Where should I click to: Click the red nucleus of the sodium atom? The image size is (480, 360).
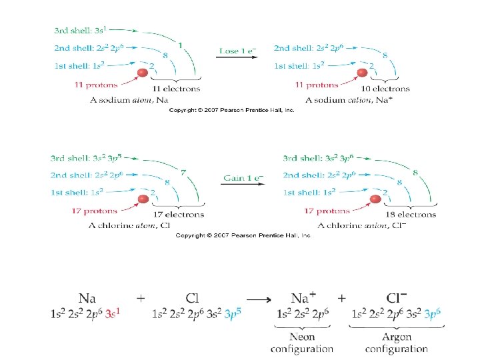[x=143, y=73]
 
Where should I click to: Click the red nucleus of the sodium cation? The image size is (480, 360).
[x=363, y=73]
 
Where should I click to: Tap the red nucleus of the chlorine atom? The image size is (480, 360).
[x=143, y=199]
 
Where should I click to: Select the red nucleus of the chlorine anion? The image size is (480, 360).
[x=375, y=199]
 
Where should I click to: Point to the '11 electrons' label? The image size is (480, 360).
[x=176, y=89]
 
